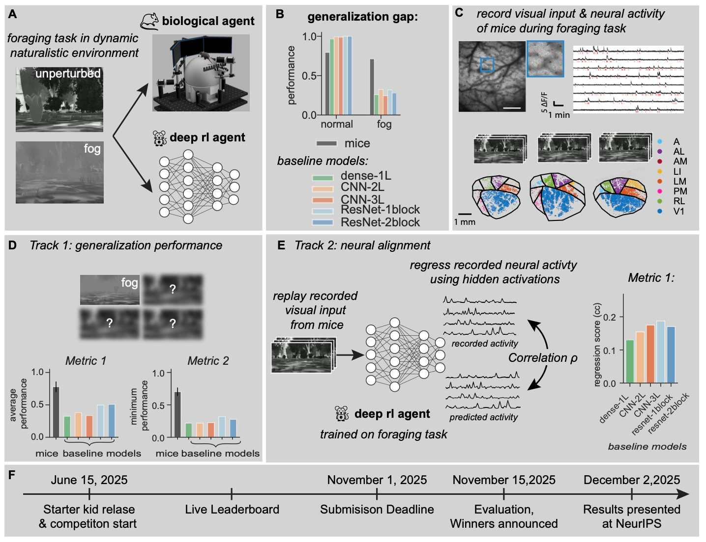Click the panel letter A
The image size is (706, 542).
coord(13,14)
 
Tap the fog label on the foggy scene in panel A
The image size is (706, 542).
coord(92,149)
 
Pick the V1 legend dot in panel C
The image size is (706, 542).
coord(659,211)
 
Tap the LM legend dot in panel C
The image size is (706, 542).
coord(659,181)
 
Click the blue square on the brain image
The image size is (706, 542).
coord(487,64)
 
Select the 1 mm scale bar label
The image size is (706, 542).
coord(465,222)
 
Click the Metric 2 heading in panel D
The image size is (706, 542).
coord(208,361)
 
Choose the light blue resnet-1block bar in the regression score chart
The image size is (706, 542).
coord(660,352)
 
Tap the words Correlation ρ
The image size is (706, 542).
coord(543,358)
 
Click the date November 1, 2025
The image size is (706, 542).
coord(377,480)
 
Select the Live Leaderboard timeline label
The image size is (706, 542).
coord(232,510)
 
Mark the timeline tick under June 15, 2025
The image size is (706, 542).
coord(89,494)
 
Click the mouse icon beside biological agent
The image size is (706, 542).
coord(149,21)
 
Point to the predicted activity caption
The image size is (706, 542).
coord(483,417)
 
